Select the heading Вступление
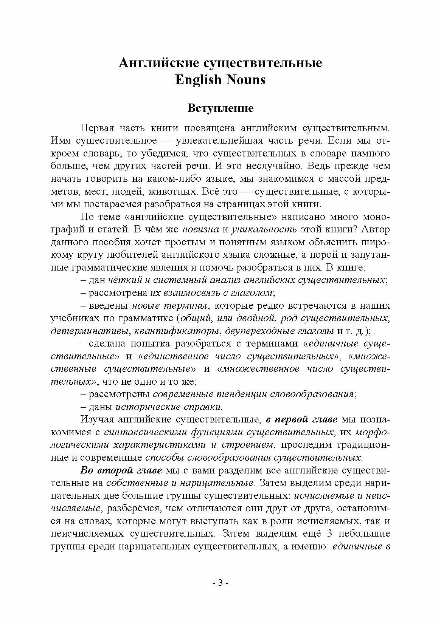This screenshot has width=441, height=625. [x=220, y=108]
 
